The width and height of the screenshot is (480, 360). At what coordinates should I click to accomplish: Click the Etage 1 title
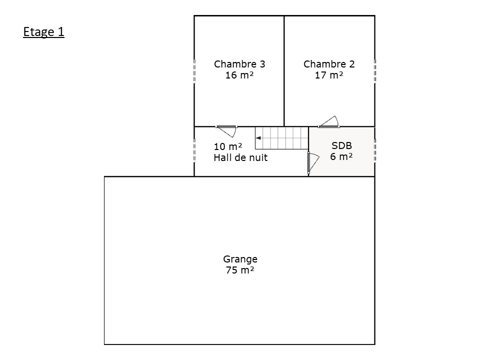[44, 32]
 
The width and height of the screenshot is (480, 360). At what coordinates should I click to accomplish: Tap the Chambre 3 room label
[239, 64]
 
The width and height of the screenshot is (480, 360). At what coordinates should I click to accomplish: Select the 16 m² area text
[239, 75]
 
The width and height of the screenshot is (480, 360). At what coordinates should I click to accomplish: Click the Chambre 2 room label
[329, 64]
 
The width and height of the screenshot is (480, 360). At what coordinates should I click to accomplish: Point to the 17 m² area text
[329, 75]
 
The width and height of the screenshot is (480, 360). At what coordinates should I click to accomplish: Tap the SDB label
[341, 145]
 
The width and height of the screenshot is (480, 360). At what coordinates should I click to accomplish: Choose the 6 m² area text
[341, 156]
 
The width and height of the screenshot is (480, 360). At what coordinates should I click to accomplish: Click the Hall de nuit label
[240, 157]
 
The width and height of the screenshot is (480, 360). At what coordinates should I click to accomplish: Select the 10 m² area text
[228, 146]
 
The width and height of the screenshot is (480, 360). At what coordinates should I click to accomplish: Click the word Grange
[240, 259]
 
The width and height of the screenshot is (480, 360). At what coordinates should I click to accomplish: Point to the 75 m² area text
[240, 270]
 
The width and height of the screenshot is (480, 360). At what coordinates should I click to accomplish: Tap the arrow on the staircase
[258, 138]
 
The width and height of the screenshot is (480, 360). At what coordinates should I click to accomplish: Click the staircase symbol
[281, 138]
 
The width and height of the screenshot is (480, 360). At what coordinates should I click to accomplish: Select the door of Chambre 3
[227, 130]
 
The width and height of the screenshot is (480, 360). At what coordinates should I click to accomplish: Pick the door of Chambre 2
[329, 122]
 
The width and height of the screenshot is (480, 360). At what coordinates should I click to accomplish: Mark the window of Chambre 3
[194, 71]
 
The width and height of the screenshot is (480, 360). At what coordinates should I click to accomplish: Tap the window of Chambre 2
[375, 71]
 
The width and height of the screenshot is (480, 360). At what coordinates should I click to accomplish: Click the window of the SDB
[375, 150]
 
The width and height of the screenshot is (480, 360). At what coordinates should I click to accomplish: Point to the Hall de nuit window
[194, 150]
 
